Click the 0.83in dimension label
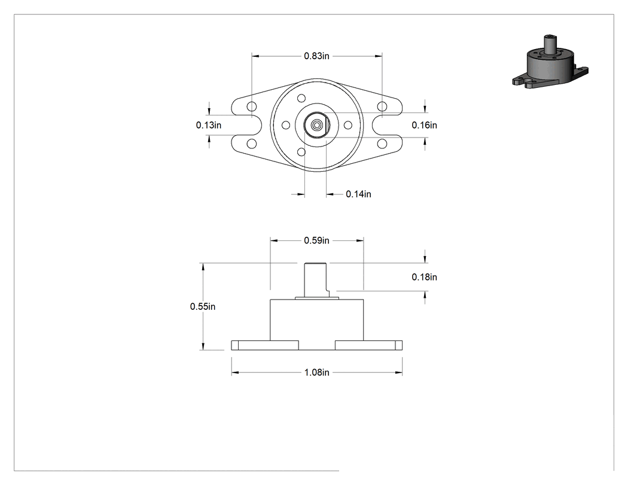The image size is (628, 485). (x=316, y=56)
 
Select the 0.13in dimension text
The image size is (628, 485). (x=208, y=125)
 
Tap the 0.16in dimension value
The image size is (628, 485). (x=424, y=125)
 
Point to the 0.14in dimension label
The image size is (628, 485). (x=358, y=194)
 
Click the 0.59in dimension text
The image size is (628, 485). (x=316, y=240)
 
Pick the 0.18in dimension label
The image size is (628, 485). (x=424, y=277)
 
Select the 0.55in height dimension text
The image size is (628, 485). (x=203, y=306)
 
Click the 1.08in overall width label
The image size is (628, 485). (x=316, y=373)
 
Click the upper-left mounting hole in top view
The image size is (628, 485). (x=252, y=106)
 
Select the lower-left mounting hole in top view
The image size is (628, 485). (x=252, y=144)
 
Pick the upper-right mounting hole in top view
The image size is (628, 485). (x=382, y=106)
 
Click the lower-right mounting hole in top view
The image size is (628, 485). (x=382, y=144)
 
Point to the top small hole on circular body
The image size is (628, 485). (x=301, y=98)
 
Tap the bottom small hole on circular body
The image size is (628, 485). (x=301, y=152)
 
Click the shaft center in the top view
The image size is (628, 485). (x=316, y=125)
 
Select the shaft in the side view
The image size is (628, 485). (x=316, y=280)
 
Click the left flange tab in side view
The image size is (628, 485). (x=265, y=345)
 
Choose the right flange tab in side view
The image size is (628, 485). (x=368, y=345)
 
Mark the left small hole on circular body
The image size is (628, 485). (x=286, y=125)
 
